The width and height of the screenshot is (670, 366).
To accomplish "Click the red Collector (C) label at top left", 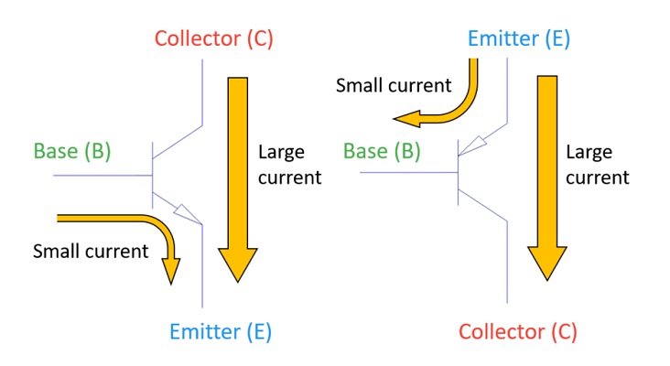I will click(213, 38).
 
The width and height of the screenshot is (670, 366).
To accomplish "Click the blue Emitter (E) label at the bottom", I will click(221, 330).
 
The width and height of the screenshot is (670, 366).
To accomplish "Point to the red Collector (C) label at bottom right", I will click(517, 330).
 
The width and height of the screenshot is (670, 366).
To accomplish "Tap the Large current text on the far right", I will click(597, 165).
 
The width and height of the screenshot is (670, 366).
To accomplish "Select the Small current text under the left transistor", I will click(90, 251).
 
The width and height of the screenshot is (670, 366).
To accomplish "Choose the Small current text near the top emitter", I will click(394, 86).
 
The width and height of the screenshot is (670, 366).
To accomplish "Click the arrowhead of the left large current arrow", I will click(236, 266).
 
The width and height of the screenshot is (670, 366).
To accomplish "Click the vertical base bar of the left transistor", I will click(152, 173).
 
